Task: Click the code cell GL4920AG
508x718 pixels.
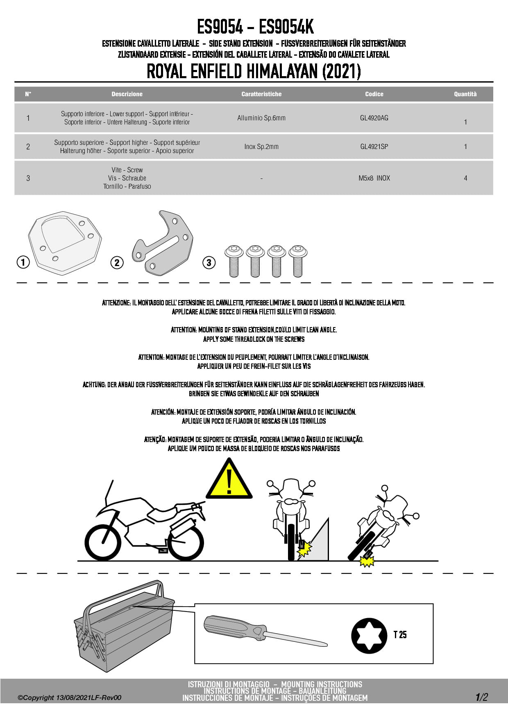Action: (374, 118)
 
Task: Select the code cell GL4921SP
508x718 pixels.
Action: (374, 147)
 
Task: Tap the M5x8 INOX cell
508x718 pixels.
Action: (374, 178)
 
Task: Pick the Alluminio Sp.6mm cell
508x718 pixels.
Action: (261, 118)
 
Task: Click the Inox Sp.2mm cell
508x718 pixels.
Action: (261, 147)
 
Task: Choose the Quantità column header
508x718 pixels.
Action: (465, 94)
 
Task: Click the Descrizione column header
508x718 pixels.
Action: (127, 94)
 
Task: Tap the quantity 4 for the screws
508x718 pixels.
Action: (465, 178)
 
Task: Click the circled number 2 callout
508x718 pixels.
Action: (117, 262)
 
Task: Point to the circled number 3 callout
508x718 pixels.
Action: (209, 262)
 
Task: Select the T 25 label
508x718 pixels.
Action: (400, 634)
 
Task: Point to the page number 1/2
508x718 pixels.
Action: (482, 697)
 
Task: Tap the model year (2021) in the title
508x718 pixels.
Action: (342, 71)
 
